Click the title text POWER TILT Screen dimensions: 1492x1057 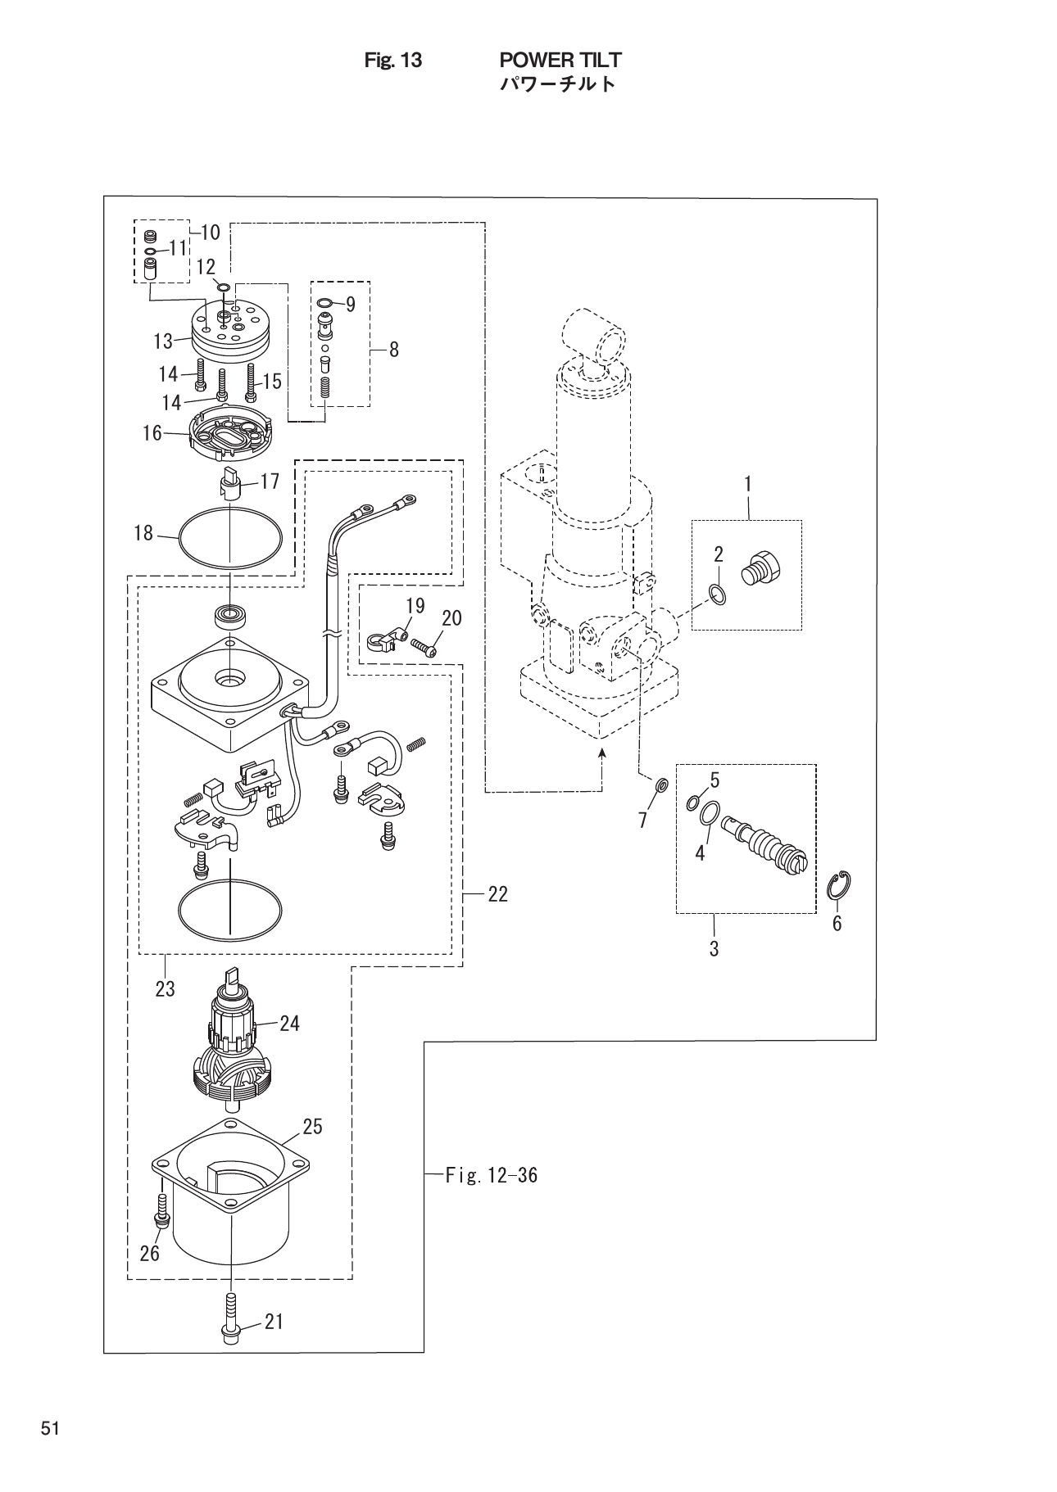560,59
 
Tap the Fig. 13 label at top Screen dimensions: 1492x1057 392,60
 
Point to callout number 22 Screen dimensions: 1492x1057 497,895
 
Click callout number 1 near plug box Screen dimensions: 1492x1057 747,484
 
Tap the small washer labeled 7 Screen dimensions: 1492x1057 661,787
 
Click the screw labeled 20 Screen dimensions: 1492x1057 424,647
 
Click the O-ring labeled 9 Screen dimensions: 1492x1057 324,305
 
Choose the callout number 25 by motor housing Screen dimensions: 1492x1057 312,1127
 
